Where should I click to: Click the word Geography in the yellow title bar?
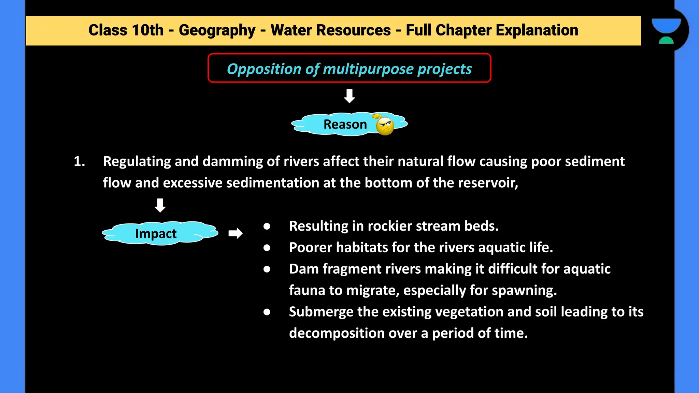click(217, 30)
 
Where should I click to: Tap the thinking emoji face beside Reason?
click(385, 126)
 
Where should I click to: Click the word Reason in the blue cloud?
click(345, 125)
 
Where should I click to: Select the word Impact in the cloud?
click(156, 234)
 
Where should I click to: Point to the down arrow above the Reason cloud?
click(349, 96)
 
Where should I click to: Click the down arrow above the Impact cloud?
click(160, 205)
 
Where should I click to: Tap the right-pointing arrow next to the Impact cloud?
click(236, 233)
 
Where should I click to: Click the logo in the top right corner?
click(666, 31)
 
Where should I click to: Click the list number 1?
click(79, 161)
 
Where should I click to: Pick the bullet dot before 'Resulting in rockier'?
click(267, 226)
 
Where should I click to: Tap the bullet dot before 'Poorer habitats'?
click(267, 248)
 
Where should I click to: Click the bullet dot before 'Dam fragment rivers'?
click(267, 269)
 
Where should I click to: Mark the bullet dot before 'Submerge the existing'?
click(267, 312)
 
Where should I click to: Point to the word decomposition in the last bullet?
click(337, 333)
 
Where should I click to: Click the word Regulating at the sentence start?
click(137, 162)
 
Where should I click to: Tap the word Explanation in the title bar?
click(537, 30)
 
